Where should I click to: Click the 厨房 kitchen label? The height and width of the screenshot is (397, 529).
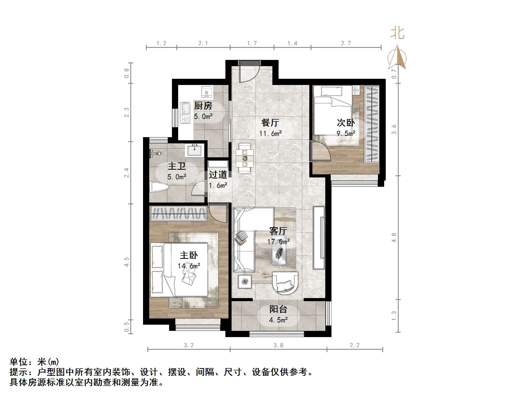pos(203,106)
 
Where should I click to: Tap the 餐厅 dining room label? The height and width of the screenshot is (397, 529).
pos(270,123)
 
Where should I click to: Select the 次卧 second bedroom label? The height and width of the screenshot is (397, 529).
pos(346,123)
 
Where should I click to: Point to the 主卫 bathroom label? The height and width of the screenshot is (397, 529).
pos(177,166)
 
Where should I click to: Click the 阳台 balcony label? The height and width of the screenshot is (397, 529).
pos(278,309)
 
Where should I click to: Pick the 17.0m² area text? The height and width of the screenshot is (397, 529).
pos(278,242)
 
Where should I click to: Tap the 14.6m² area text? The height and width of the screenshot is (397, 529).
pos(189,266)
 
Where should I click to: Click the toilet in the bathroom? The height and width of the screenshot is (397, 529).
pos(159,187)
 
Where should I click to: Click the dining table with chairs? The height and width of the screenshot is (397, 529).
pos(244,158)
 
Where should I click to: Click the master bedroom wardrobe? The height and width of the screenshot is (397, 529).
pos(178,214)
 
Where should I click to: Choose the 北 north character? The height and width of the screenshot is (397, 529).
pos(397,34)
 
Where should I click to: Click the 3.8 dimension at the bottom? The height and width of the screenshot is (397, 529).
pos(278,345)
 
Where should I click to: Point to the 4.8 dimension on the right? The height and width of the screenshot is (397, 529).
pos(394,238)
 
